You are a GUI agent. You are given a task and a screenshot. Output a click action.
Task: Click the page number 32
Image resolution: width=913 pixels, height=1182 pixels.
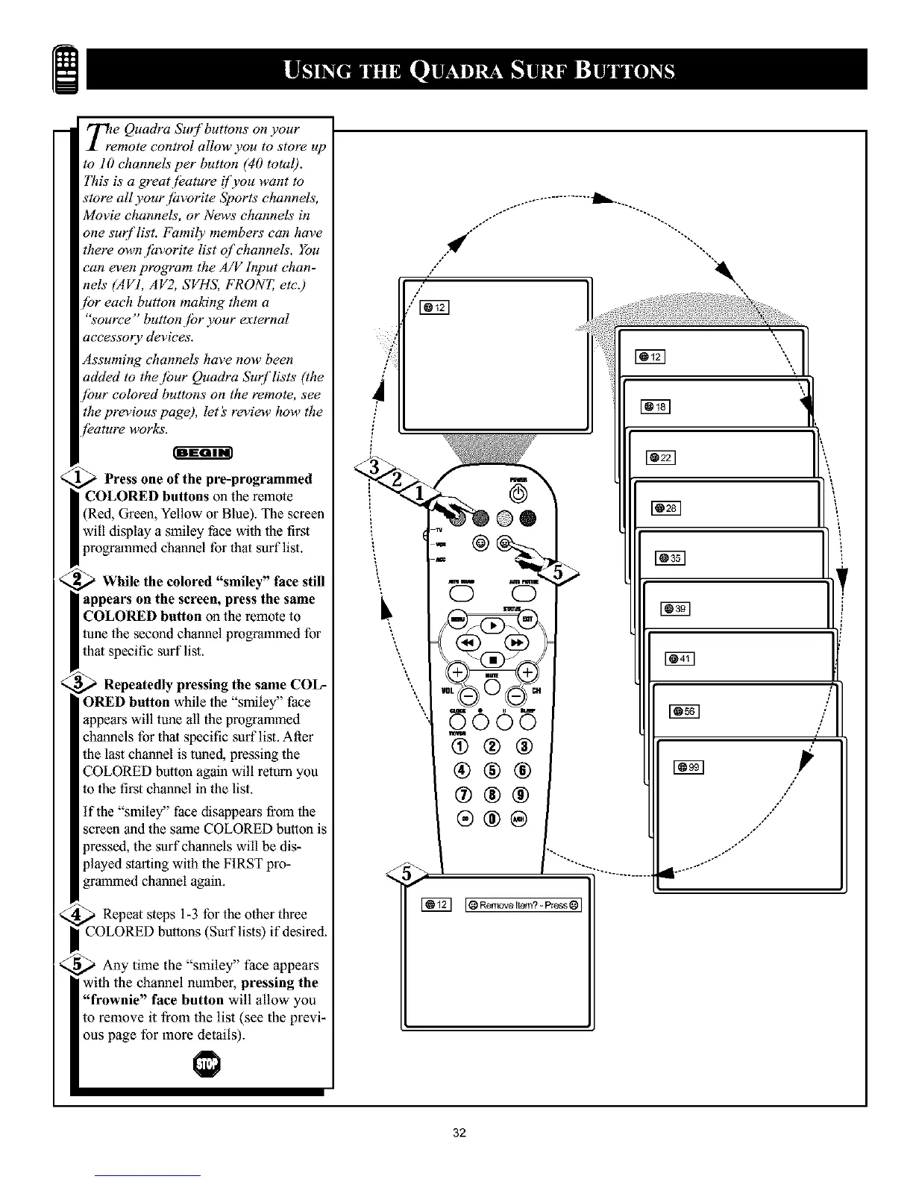[459, 1134]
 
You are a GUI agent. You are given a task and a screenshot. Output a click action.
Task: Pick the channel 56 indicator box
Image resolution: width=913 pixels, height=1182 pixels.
[683, 711]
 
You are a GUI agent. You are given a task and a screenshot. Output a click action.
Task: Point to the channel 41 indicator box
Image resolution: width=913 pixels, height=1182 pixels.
[680, 657]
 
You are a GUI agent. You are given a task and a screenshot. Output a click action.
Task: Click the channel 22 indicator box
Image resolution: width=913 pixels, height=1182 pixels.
[661, 457]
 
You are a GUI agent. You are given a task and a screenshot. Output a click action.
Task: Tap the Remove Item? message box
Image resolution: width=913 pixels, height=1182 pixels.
[522, 906]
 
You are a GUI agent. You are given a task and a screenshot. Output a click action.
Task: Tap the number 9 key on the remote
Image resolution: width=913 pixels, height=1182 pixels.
[520, 795]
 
